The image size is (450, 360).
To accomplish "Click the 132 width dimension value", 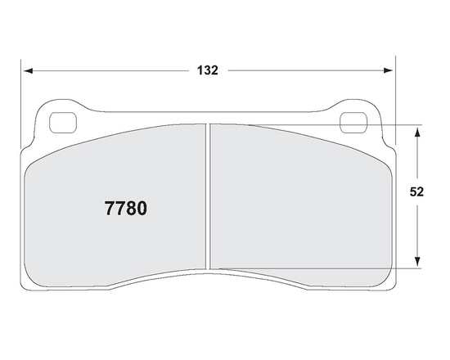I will pos(208,70).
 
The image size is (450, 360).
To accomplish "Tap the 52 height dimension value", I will pos(416,193).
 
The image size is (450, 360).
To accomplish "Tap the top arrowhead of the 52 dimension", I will pos(418,131).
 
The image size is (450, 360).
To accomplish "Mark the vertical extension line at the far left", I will pos(21,106).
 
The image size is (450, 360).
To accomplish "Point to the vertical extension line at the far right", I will pos(395,106).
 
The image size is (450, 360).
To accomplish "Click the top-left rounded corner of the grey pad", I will pos(33,160).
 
